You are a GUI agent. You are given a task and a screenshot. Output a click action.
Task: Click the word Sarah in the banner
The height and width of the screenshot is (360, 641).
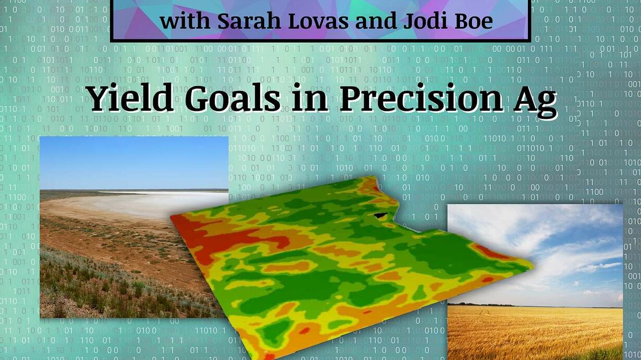pos(250,21)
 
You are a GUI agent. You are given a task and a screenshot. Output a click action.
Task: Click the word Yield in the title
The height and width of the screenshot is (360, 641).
pos(130,97)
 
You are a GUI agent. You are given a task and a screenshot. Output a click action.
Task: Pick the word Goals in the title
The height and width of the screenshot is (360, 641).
pos(232,98)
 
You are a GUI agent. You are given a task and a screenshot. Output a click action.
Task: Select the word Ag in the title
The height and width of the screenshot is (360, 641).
pos(535,102)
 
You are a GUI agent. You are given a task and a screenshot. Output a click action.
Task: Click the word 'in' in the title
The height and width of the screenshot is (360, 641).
pos(310,98)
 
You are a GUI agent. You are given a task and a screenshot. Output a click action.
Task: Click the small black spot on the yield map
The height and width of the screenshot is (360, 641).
pos(380,215)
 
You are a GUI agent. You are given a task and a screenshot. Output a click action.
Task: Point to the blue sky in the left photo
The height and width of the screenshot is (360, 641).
pos(134,163)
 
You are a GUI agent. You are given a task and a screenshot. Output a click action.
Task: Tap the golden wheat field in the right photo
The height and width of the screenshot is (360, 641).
pos(535,332)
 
